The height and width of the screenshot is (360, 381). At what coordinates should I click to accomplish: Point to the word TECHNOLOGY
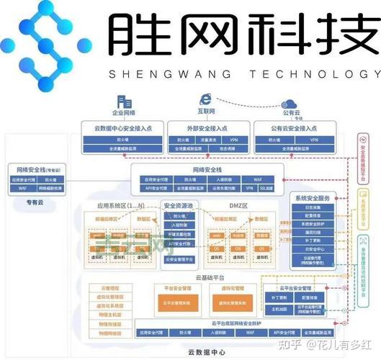pyautogui.click(x=318, y=74)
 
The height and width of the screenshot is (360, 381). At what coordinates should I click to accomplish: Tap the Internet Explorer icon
pyautogui.click(x=206, y=100)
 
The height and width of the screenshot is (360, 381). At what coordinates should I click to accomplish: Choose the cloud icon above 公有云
pyautogui.click(x=290, y=102)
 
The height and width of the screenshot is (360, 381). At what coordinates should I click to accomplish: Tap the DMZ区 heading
pyautogui.click(x=235, y=205)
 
